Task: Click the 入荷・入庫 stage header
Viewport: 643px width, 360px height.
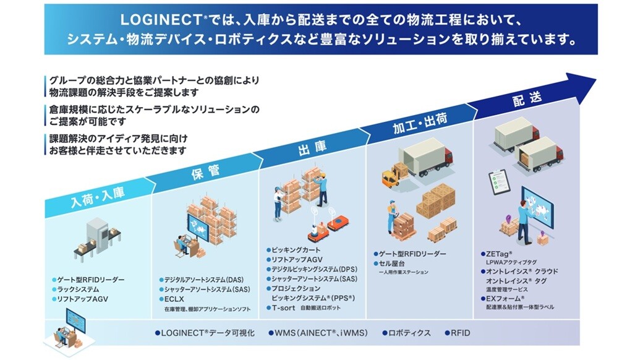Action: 97,193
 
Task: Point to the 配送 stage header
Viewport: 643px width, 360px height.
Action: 527,98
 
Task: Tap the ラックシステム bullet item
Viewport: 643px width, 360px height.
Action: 78,289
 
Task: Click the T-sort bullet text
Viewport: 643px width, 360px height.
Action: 282,307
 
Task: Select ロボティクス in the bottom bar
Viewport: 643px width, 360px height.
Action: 408,333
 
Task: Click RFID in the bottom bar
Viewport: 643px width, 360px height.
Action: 460,333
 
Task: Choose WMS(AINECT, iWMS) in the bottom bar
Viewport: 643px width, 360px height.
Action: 321,333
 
